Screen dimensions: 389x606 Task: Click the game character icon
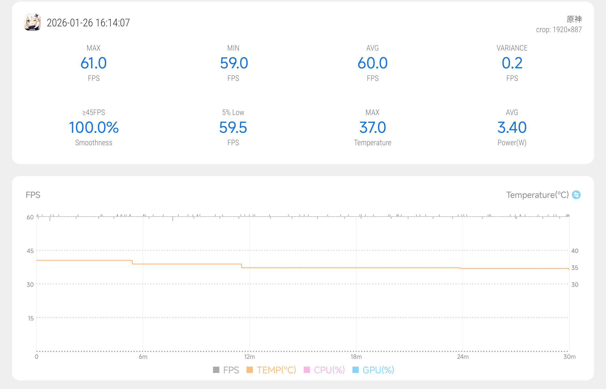click(x=32, y=22)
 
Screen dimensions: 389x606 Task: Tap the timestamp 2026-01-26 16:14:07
click(x=88, y=23)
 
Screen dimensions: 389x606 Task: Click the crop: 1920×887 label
click(x=559, y=30)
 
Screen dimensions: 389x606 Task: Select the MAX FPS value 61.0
click(x=94, y=63)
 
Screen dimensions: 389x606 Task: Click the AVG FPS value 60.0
click(x=372, y=63)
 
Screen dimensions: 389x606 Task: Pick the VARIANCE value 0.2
click(x=512, y=63)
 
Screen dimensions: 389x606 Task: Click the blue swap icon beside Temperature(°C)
click(x=576, y=195)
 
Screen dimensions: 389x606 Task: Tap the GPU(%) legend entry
click(x=374, y=370)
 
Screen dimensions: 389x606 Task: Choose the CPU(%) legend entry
click(x=324, y=370)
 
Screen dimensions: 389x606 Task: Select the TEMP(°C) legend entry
click(x=271, y=370)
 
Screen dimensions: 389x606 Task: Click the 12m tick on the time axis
click(x=250, y=357)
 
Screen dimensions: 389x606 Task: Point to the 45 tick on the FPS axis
click(x=30, y=251)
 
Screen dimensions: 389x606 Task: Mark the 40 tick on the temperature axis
click(x=575, y=251)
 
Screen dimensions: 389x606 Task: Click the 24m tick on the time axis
click(x=463, y=357)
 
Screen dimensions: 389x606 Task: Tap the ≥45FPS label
click(x=94, y=112)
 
